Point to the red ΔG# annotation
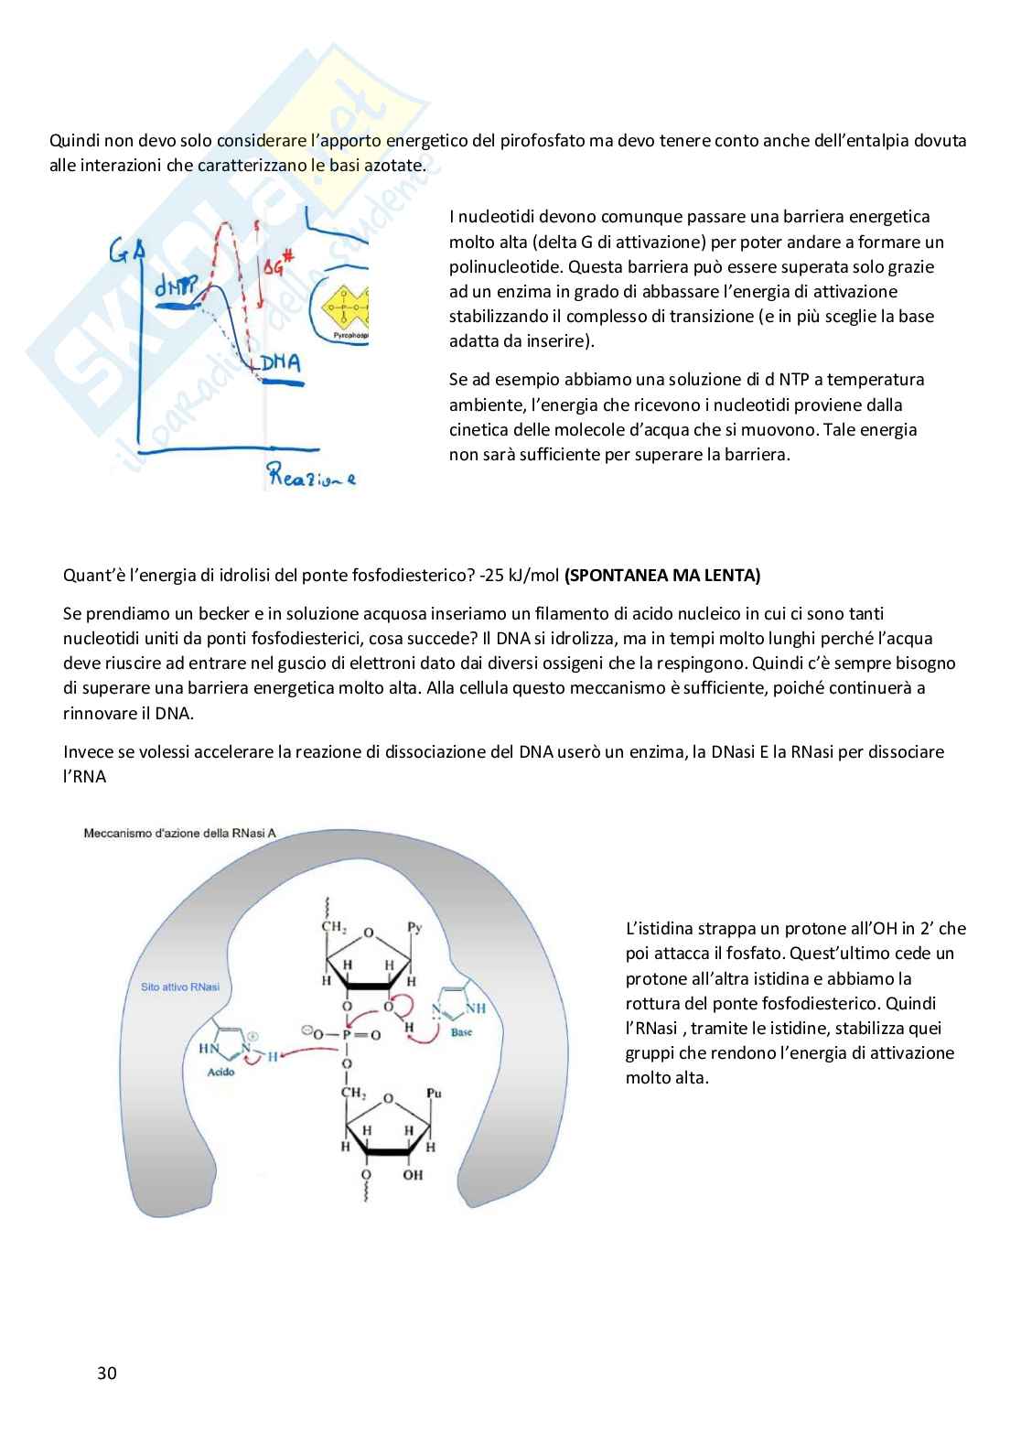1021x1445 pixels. point(276,267)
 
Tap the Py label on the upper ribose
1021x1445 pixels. point(414,927)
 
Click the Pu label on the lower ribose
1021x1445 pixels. point(435,1093)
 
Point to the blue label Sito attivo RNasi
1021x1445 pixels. point(180,987)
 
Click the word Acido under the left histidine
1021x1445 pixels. point(220,1072)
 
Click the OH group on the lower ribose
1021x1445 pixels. point(413,1174)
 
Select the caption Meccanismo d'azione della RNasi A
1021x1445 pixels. point(179,833)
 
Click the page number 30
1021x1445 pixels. point(106,1373)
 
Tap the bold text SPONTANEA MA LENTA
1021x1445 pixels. point(662,576)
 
